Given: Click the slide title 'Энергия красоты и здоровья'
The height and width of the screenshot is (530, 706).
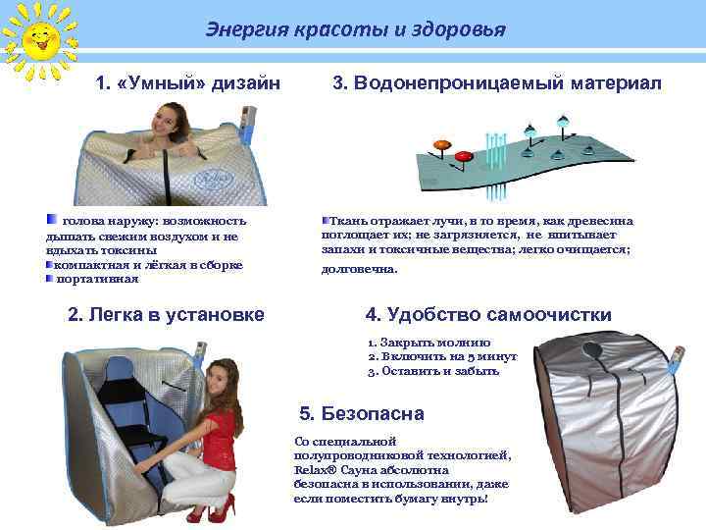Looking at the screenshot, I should tap(355, 29).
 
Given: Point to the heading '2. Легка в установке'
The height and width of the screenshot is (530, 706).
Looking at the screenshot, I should tap(165, 315).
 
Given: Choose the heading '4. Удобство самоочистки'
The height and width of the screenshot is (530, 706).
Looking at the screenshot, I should tap(487, 315).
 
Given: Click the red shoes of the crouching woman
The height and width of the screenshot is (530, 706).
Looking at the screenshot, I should tap(212, 511).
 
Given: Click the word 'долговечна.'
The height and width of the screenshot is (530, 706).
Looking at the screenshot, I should tap(360, 268).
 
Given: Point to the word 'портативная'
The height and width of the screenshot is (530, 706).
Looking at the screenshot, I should tap(98, 279).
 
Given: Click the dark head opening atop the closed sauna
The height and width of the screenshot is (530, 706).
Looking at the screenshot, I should tap(594, 349).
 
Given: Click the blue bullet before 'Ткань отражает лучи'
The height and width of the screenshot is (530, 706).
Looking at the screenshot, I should tap(326, 222).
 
